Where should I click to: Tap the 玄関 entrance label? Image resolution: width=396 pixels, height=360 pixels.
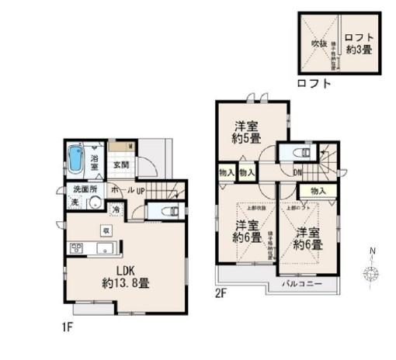click(x=120, y=164)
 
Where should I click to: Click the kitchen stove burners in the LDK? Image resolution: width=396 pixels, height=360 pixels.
click(x=78, y=248)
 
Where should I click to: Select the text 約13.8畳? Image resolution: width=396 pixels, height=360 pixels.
click(x=127, y=283)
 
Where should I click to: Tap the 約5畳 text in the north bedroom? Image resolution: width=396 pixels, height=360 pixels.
click(x=246, y=139)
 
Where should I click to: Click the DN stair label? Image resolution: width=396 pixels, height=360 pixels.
click(x=297, y=172)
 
